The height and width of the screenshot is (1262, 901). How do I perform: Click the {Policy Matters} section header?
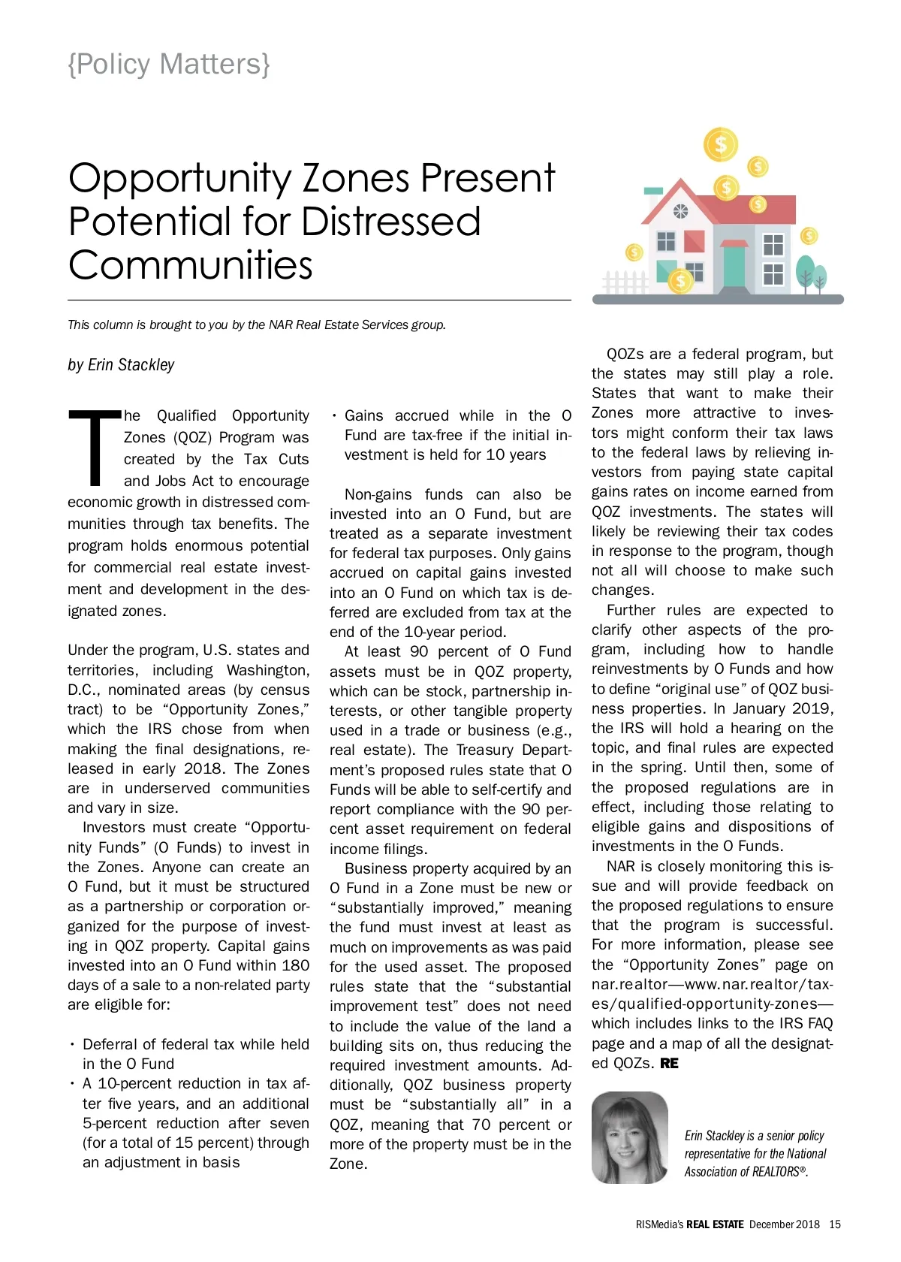[x=169, y=65]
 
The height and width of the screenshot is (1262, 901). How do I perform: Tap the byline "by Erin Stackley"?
[x=121, y=365]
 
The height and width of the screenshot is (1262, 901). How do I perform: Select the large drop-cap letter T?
[x=95, y=448]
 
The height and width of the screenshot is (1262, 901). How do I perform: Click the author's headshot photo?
[x=629, y=1137]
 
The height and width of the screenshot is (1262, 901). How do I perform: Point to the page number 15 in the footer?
[x=835, y=1224]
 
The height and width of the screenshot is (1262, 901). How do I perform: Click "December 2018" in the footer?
[x=784, y=1224]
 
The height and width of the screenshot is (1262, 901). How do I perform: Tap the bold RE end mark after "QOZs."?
[x=669, y=1064]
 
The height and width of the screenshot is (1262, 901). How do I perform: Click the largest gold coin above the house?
[x=721, y=144]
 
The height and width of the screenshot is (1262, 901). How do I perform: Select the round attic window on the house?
[x=680, y=212]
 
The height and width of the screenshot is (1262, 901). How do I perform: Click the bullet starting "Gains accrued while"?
[x=450, y=436]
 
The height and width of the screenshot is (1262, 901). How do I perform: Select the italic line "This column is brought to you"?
[x=257, y=325]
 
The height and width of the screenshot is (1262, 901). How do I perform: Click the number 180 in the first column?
[x=295, y=965]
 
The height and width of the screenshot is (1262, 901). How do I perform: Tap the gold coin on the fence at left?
[x=634, y=252]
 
